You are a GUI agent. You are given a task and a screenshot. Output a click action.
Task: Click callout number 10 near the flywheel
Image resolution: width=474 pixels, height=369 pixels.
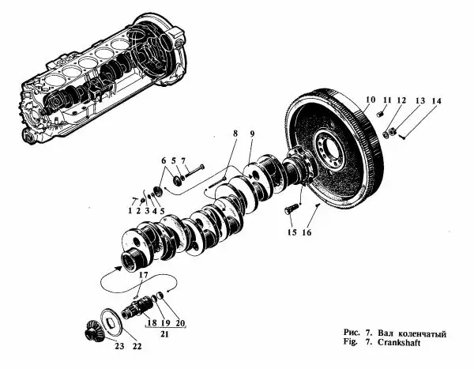(x=371, y=99)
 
